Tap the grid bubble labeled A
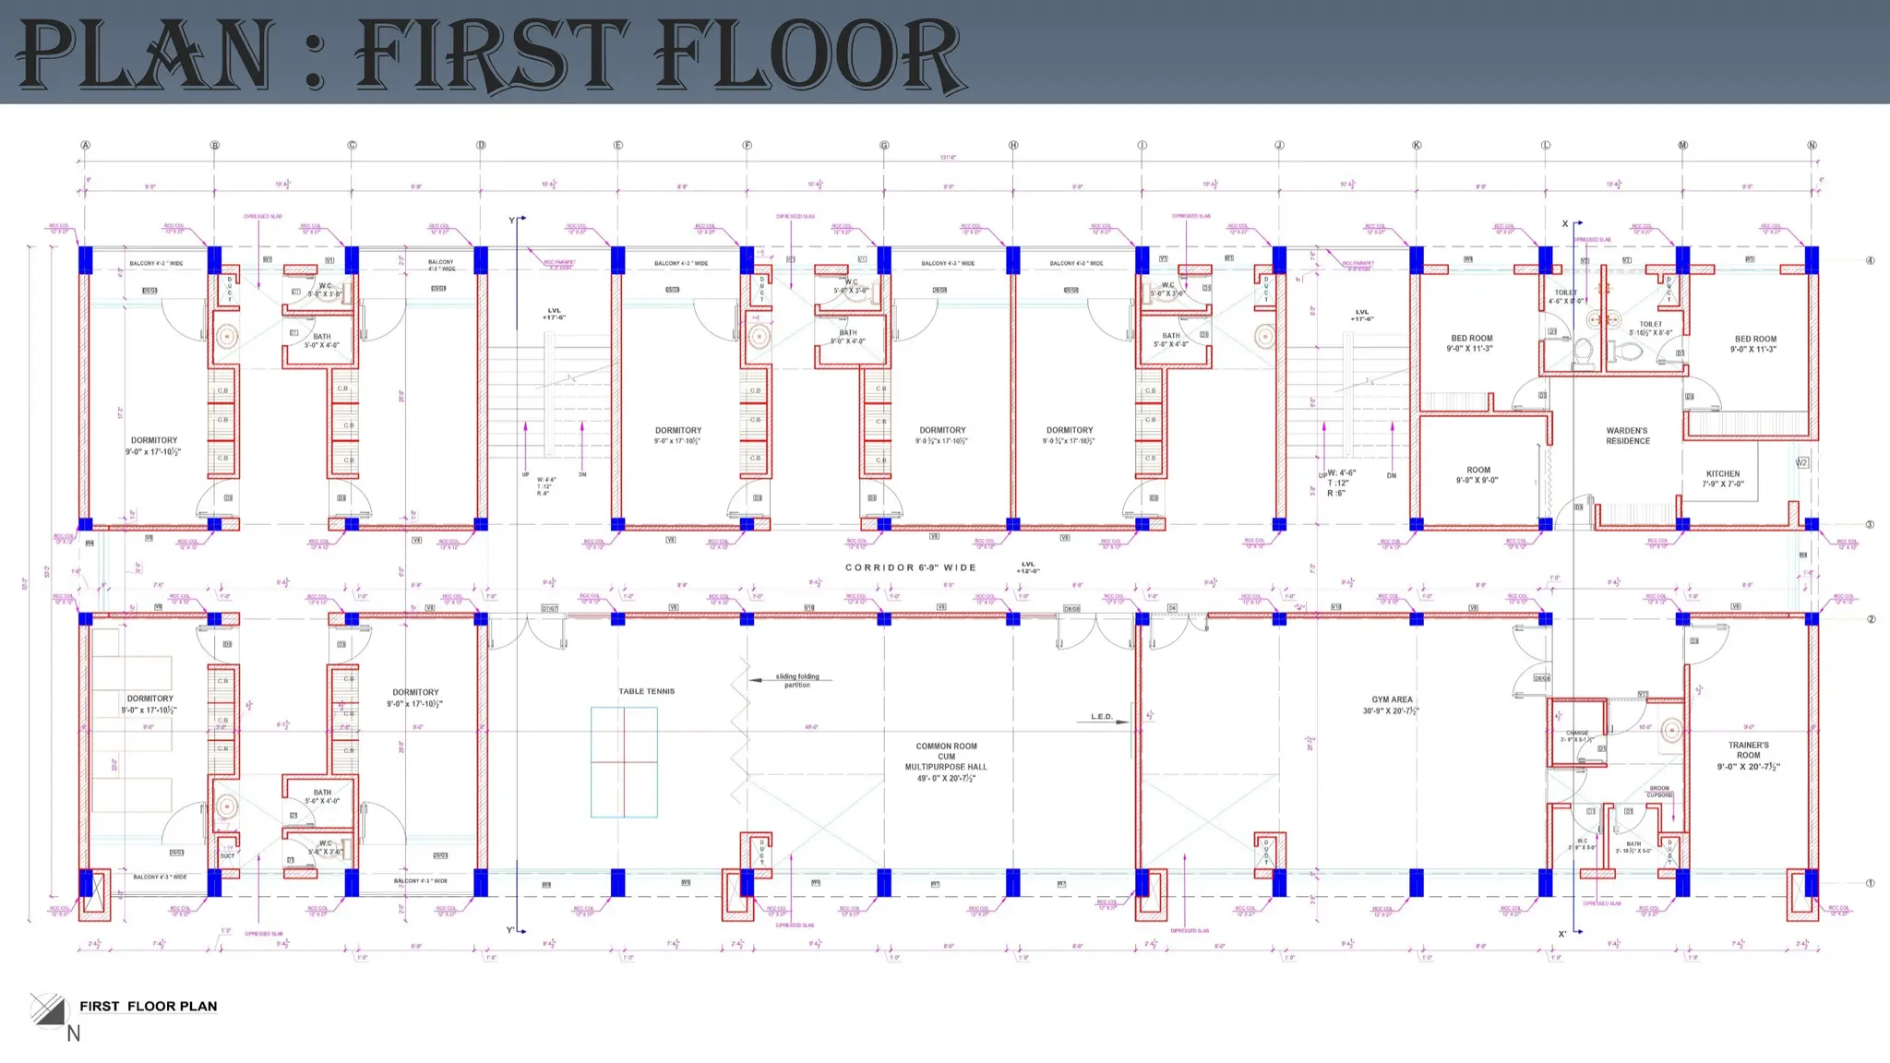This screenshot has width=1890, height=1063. coord(86,146)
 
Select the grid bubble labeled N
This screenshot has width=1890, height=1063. coord(1812,146)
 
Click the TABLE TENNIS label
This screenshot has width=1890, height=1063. coord(646,691)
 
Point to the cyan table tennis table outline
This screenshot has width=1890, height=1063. coord(624,762)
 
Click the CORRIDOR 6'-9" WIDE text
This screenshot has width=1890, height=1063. coord(910,567)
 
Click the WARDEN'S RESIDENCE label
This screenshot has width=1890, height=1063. coord(1627,436)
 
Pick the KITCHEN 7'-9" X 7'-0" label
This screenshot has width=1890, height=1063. coord(1722,478)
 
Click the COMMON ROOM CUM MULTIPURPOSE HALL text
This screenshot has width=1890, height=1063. coord(946,762)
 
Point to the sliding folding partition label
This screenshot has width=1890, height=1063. coord(797,680)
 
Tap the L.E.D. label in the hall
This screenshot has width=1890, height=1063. coord(1102,717)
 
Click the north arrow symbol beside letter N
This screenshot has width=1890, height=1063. coord(48,1009)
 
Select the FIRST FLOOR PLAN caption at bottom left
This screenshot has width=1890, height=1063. coord(148,1007)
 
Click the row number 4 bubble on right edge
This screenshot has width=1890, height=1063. coord(1870,260)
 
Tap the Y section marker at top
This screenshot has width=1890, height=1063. coord(512,221)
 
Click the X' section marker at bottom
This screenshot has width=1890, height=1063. coord(1562,934)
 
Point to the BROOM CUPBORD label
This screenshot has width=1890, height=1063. coord(1659,792)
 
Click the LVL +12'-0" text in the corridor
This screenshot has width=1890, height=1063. coord(1028,567)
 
